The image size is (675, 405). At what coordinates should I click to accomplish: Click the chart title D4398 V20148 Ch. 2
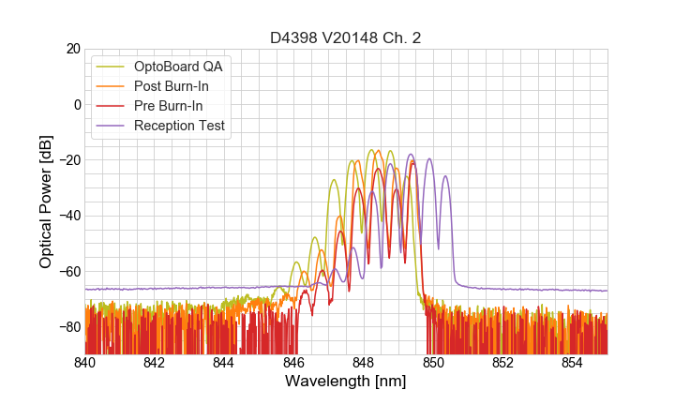click(346, 37)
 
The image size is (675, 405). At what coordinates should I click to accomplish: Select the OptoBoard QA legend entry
click(179, 67)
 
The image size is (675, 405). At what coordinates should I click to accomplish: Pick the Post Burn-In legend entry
click(171, 86)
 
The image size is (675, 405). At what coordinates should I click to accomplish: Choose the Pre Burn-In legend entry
click(169, 106)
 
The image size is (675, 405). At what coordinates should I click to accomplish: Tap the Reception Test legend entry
click(178, 126)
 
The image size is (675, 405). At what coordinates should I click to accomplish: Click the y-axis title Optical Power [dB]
click(45, 201)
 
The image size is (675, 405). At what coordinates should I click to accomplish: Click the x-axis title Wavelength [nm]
click(346, 382)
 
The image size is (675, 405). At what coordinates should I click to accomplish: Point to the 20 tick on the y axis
click(72, 49)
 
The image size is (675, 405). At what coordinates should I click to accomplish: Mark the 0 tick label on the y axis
click(76, 104)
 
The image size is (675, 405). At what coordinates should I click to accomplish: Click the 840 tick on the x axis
click(85, 362)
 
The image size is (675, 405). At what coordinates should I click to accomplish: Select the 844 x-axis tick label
click(224, 362)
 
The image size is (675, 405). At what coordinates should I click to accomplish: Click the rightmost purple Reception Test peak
click(445, 176)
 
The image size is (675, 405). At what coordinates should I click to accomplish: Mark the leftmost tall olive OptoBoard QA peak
click(334, 180)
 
